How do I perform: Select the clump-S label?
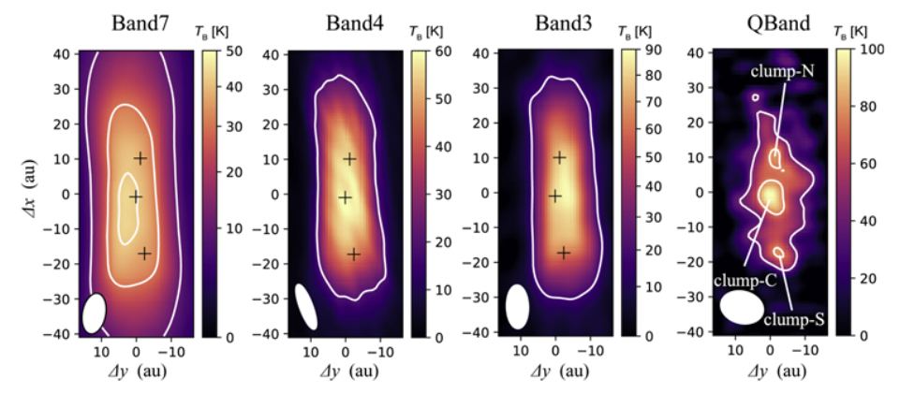tap(792, 319)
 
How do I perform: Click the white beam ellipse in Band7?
tap(94, 313)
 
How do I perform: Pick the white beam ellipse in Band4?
tap(306, 306)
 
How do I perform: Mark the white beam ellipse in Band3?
tap(517, 307)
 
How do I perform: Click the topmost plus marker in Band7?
tap(140, 158)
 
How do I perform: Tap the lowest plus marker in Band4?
tap(353, 254)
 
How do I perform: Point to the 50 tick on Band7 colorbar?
tap(225, 55)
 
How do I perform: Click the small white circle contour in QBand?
tap(755, 96)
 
